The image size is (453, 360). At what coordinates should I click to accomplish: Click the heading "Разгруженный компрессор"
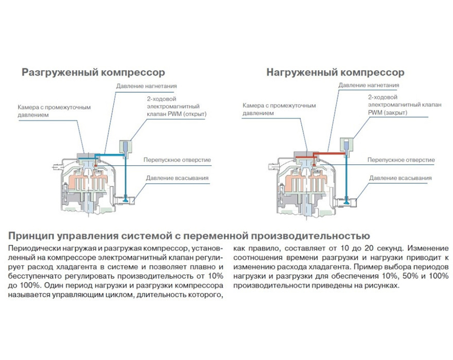93,72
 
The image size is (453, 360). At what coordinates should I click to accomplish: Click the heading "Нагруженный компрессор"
335,72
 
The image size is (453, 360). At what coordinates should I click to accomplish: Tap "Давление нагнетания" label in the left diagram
146,86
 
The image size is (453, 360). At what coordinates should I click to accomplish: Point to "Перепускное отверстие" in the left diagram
177,159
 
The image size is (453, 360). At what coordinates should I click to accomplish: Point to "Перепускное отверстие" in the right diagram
400,160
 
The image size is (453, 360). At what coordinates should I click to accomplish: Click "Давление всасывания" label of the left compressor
177,178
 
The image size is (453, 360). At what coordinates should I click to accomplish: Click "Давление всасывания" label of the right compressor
400,178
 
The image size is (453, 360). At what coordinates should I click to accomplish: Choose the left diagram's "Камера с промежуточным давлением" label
54,111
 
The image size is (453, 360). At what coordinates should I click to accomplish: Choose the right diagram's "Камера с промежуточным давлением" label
279,109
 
